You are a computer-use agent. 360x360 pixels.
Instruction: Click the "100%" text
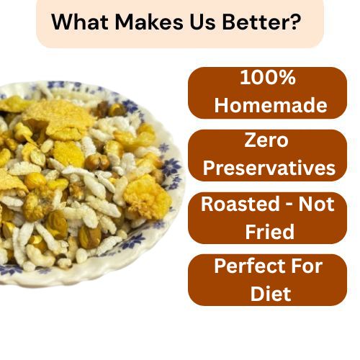[268, 77]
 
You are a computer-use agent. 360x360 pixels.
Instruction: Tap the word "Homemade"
[271, 105]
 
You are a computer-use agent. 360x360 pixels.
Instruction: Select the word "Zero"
[266, 140]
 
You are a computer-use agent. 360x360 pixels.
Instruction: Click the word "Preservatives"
[269, 167]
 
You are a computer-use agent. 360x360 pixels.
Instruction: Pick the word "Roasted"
[240, 204]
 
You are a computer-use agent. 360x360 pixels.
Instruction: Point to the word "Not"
[316, 204]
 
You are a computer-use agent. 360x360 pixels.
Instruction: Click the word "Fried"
[269, 231]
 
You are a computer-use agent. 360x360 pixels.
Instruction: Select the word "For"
[308, 266]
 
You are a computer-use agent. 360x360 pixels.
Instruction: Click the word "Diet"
[271, 293]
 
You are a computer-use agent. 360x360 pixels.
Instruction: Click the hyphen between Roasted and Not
[289, 205]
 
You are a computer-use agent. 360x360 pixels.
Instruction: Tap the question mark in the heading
[295, 22]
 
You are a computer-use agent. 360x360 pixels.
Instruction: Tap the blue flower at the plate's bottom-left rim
[9, 269]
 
